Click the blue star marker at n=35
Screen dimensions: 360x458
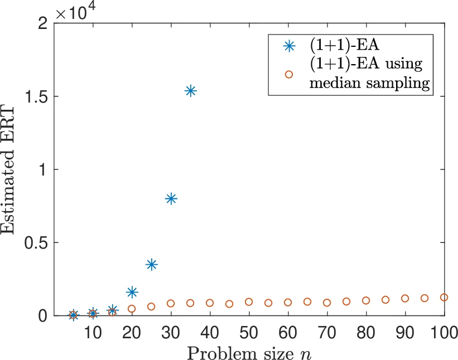click(x=190, y=91)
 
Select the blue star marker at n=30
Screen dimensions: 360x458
click(x=171, y=198)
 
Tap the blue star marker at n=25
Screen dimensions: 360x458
click(x=151, y=264)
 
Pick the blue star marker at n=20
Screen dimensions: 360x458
click(x=132, y=292)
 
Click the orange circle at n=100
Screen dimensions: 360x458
click(x=444, y=298)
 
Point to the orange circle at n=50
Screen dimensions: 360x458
click(x=249, y=302)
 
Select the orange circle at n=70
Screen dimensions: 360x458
click(x=327, y=303)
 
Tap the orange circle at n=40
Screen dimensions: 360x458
click(x=210, y=303)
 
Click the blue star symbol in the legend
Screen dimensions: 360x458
click(x=288, y=46)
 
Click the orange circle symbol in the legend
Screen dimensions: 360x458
click(x=288, y=74)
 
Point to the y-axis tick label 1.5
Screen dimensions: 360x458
click(x=35, y=96)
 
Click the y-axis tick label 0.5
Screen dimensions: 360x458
click(x=35, y=243)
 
